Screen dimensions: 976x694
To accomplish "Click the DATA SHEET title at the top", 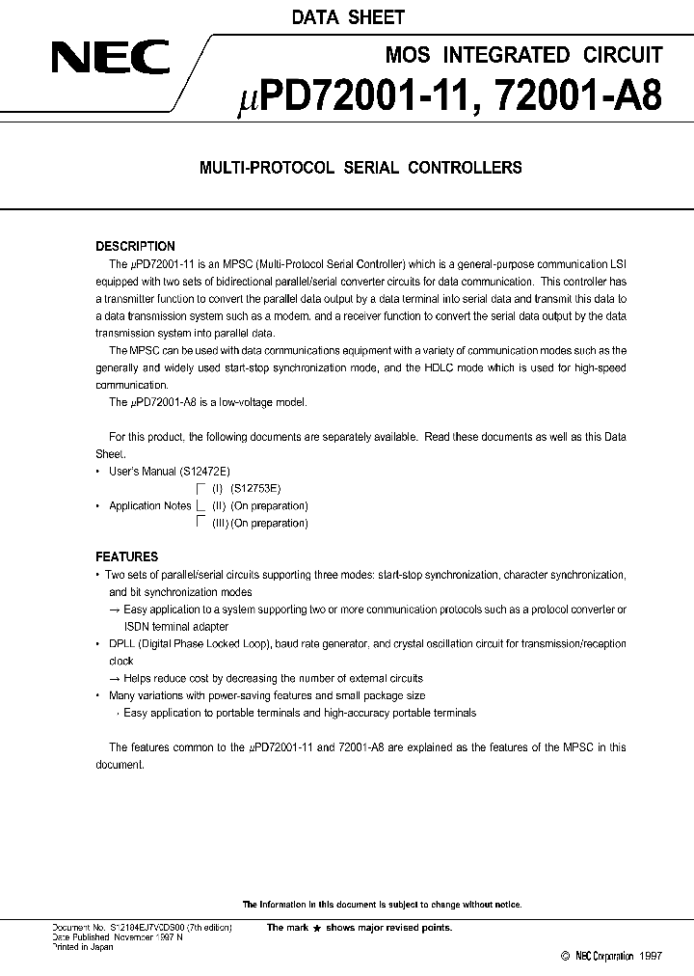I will [347, 17].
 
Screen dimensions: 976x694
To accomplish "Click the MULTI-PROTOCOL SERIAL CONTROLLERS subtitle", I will [360, 167].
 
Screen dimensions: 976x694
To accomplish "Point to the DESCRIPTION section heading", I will [135, 246].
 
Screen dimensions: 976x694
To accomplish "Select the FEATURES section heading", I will [126, 556].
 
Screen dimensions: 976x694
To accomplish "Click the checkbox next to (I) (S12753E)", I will [201, 489].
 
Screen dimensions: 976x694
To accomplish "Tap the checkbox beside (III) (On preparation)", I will [201, 523].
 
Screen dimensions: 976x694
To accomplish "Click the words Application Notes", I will [149, 505].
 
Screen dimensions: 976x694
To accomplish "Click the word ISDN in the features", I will [123, 627].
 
